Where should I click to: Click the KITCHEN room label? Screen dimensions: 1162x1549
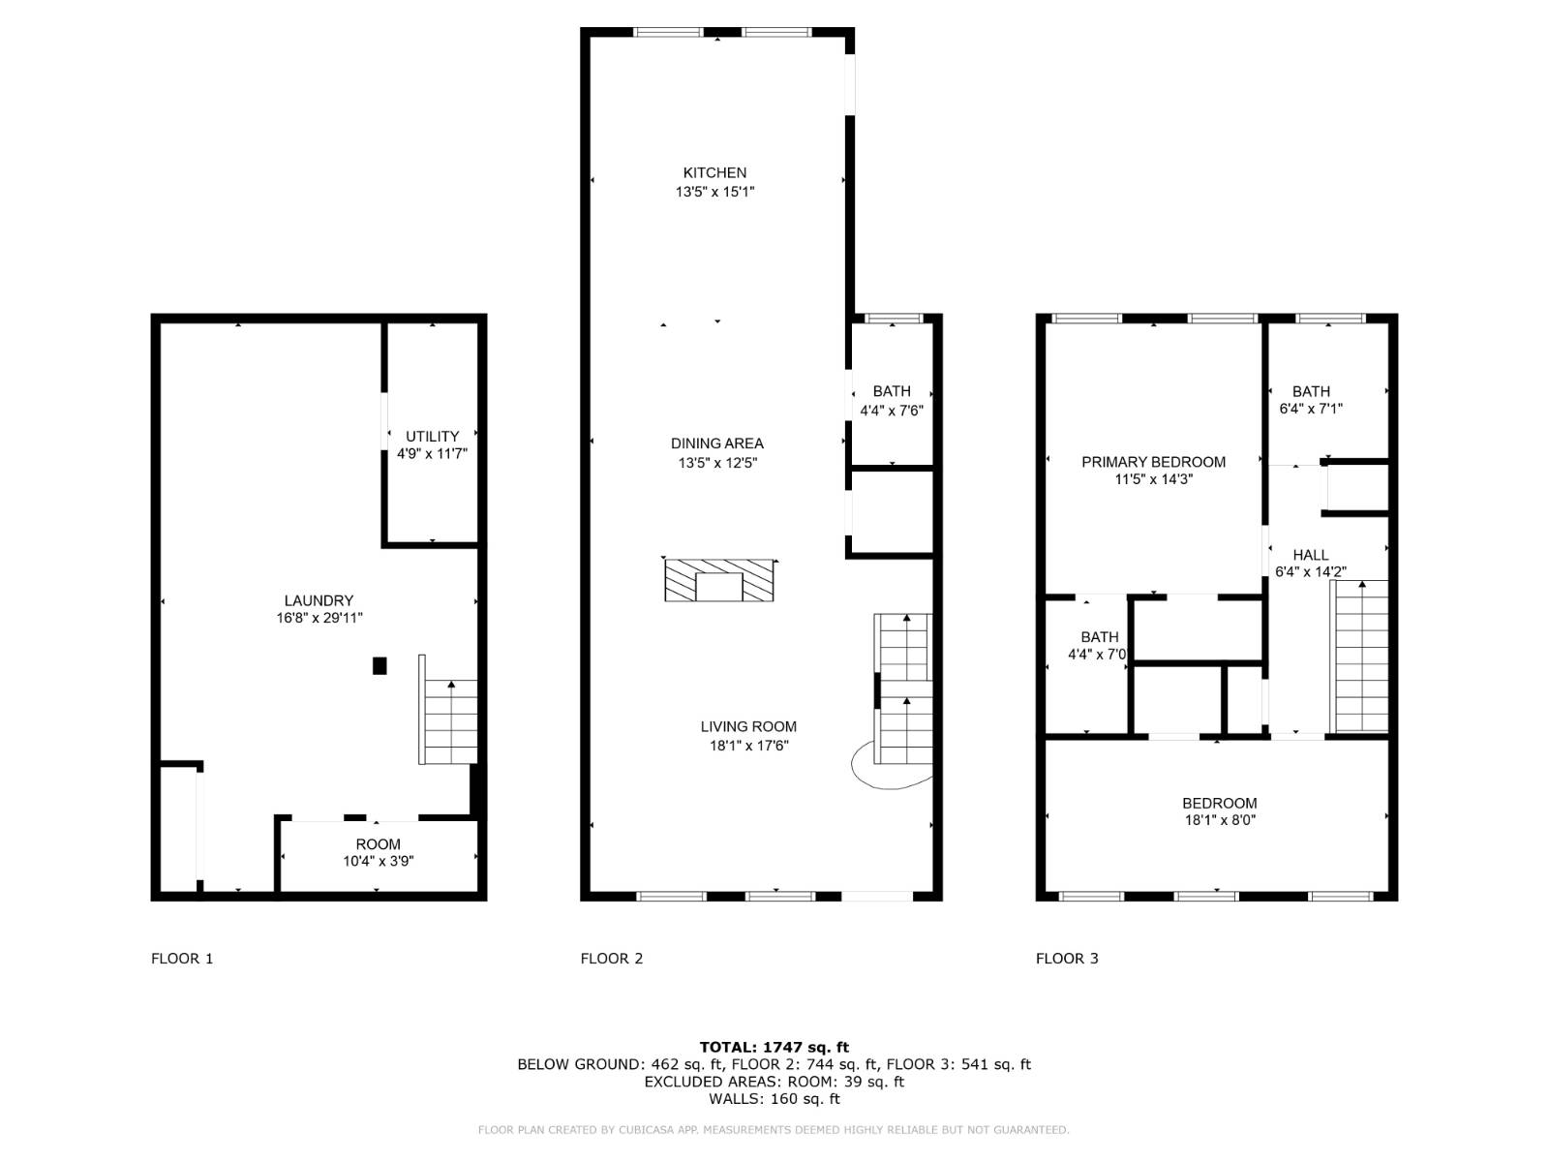(x=714, y=173)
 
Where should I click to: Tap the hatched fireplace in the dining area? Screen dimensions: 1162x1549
(x=718, y=580)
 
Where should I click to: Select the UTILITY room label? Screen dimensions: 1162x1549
(x=432, y=436)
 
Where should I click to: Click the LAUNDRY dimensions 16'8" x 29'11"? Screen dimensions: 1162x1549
(x=319, y=618)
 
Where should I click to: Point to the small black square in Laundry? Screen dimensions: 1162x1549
(x=380, y=665)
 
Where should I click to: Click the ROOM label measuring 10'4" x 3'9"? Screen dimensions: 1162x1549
(x=378, y=844)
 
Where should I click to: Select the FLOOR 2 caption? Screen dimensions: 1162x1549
(x=611, y=959)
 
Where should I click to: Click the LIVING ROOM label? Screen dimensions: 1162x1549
(x=748, y=726)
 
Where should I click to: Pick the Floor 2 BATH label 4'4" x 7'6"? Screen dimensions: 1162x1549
(x=892, y=391)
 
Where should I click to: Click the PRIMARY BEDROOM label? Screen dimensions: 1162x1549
(x=1153, y=462)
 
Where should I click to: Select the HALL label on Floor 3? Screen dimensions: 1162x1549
(x=1310, y=555)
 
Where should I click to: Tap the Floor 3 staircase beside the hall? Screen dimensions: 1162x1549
(x=1361, y=658)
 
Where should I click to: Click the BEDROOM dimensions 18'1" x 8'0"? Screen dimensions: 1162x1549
(x=1219, y=820)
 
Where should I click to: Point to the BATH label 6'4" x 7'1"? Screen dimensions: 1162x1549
(x=1311, y=391)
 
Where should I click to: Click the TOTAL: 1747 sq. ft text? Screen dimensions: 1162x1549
(x=774, y=1047)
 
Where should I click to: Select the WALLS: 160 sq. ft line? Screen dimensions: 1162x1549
(x=774, y=1099)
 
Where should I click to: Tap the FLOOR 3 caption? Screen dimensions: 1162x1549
(x=1067, y=959)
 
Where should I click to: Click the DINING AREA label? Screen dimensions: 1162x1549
(x=716, y=443)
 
